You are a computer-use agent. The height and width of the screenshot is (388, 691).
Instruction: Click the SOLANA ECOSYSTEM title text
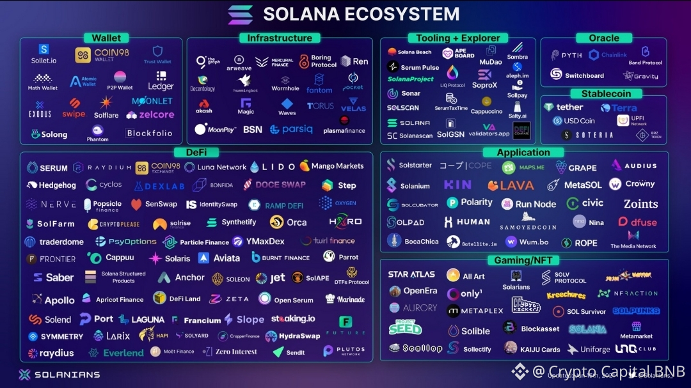point(361,13)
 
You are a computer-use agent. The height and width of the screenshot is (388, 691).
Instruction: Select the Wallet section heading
point(106,38)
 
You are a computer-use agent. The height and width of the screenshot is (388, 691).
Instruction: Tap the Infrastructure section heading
point(280,38)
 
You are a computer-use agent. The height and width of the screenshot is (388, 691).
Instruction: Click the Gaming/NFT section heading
point(523,260)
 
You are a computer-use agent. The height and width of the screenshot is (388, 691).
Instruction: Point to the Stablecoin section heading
point(605,94)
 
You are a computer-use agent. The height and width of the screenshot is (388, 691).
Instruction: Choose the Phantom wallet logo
point(98,133)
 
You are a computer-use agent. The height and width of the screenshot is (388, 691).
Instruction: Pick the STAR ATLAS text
point(411,275)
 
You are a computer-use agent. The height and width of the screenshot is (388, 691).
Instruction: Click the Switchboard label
point(584,75)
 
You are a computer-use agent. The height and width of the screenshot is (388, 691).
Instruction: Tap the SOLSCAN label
point(403,108)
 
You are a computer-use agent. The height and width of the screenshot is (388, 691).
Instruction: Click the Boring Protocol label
point(324,61)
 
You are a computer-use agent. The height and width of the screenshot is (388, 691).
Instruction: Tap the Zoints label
point(640,204)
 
